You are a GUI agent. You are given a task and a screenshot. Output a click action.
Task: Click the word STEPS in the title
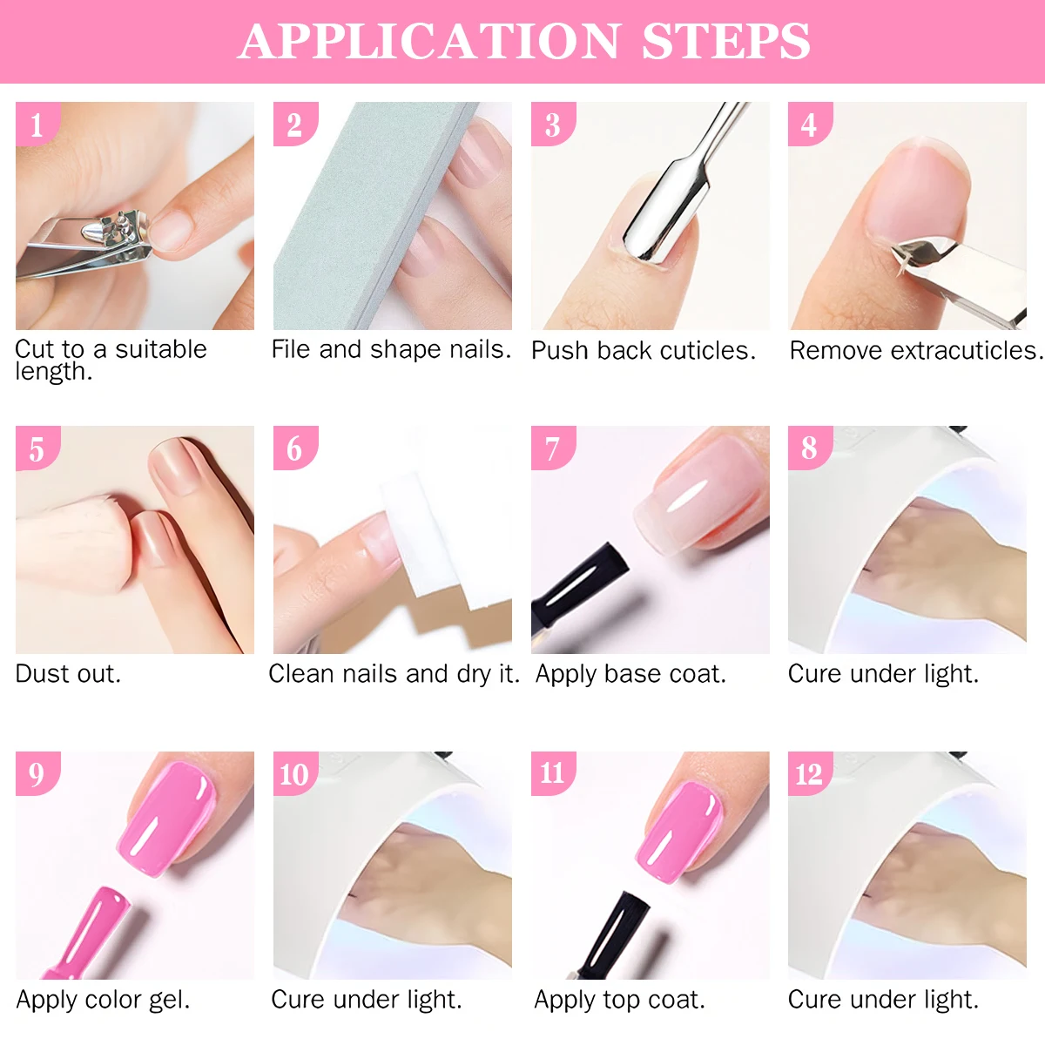pos(725,41)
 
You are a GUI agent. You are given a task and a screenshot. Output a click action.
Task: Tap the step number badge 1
pos(37,125)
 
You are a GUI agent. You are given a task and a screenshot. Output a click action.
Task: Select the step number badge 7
pos(552,448)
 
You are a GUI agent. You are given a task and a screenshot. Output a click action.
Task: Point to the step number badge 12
pos(809,773)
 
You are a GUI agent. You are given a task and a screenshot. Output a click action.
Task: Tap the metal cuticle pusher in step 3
pos(671,209)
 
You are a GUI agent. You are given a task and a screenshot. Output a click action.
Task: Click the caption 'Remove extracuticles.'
pos(915,350)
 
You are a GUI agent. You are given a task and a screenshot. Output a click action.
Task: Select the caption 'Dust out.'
pos(68,673)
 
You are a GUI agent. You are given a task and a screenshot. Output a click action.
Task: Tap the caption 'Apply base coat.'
pos(630,674)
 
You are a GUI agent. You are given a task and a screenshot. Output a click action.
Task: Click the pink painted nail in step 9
pos(170,814)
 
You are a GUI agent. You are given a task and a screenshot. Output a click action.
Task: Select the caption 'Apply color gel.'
pos(103,999)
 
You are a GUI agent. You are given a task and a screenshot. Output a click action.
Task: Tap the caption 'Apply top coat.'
pos(619,999)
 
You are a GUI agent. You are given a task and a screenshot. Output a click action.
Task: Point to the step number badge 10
pos(294,773)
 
